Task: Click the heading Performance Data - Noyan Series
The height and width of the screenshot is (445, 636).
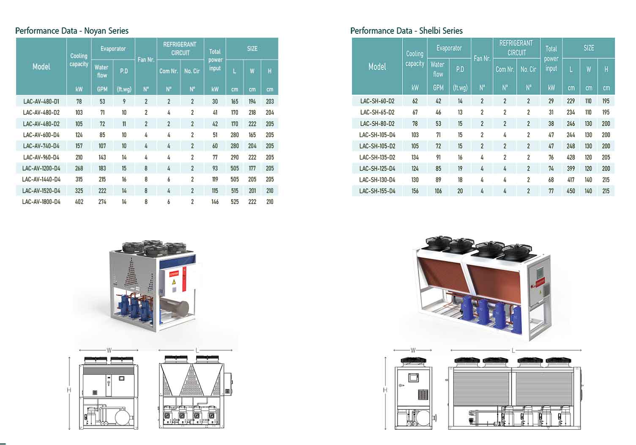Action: click(x=72, y=31)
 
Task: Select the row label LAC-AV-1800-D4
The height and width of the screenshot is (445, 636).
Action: click(x=41, y=202)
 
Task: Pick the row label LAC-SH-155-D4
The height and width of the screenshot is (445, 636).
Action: click(x=377, y=191)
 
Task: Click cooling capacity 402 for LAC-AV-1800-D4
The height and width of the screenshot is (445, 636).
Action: click(x=79, y=202)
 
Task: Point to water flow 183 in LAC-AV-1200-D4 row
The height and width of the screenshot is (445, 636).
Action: click(x=102, y=168)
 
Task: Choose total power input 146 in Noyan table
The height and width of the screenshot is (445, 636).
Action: click(x=215, y=202)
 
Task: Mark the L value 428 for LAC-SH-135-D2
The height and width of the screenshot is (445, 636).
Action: click(x=570, y=157)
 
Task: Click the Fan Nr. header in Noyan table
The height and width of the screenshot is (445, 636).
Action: click(x=146, y=60)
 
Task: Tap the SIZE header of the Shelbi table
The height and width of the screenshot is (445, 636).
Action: click(x=589, y=48)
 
